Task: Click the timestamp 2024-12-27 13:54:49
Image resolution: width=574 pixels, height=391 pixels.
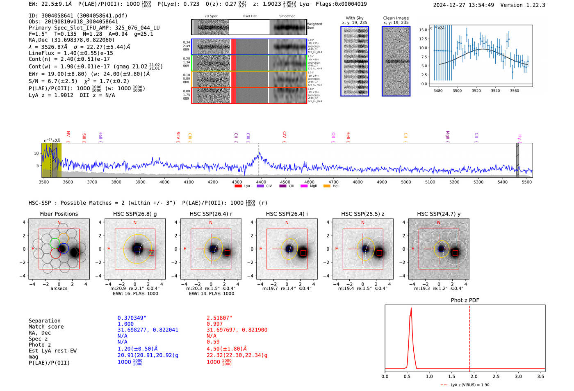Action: pyautogui.click(x=463, y=5)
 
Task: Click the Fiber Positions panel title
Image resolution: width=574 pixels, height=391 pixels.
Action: pyautogui.click(x=59, y=214)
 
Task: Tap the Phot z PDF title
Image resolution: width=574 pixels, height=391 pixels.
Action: pyautogui.click(x=465, y=300)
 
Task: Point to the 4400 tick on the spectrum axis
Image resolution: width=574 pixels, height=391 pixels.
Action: pyautogui.click(x=261, y=182)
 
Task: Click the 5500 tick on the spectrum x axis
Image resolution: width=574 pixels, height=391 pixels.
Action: pyautogui.click(x=527, y=182)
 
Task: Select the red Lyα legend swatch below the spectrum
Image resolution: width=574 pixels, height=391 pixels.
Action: pyautogui.click(x=238, y=186)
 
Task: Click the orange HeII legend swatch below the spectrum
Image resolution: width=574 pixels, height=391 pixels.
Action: pyautogui.click(x=327, y=186)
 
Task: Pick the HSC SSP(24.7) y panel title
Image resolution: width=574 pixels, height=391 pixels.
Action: pyautogui.click(x=439, y=214)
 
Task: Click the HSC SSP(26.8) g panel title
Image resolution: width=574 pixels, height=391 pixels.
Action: pyautogui.click(x=135, y=214)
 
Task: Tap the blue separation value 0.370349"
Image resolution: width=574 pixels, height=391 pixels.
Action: pyautogui.click(x=132, y=318)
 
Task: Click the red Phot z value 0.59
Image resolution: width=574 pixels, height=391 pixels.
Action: pyautogui.click(x=213, y=342)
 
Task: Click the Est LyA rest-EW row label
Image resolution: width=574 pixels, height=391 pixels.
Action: pyautogui.click(x=52, y=351)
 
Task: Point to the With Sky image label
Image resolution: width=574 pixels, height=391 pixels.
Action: pyautogui.click(x=355, y=18)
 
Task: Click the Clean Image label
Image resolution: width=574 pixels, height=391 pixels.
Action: pyautogui.click(x=396, y=18)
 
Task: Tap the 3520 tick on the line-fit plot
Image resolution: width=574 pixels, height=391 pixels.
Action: pyautogui.click(x=476, y=91)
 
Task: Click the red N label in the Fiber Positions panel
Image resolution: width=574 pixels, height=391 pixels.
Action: pyautogui.click(x=59, y=223)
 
